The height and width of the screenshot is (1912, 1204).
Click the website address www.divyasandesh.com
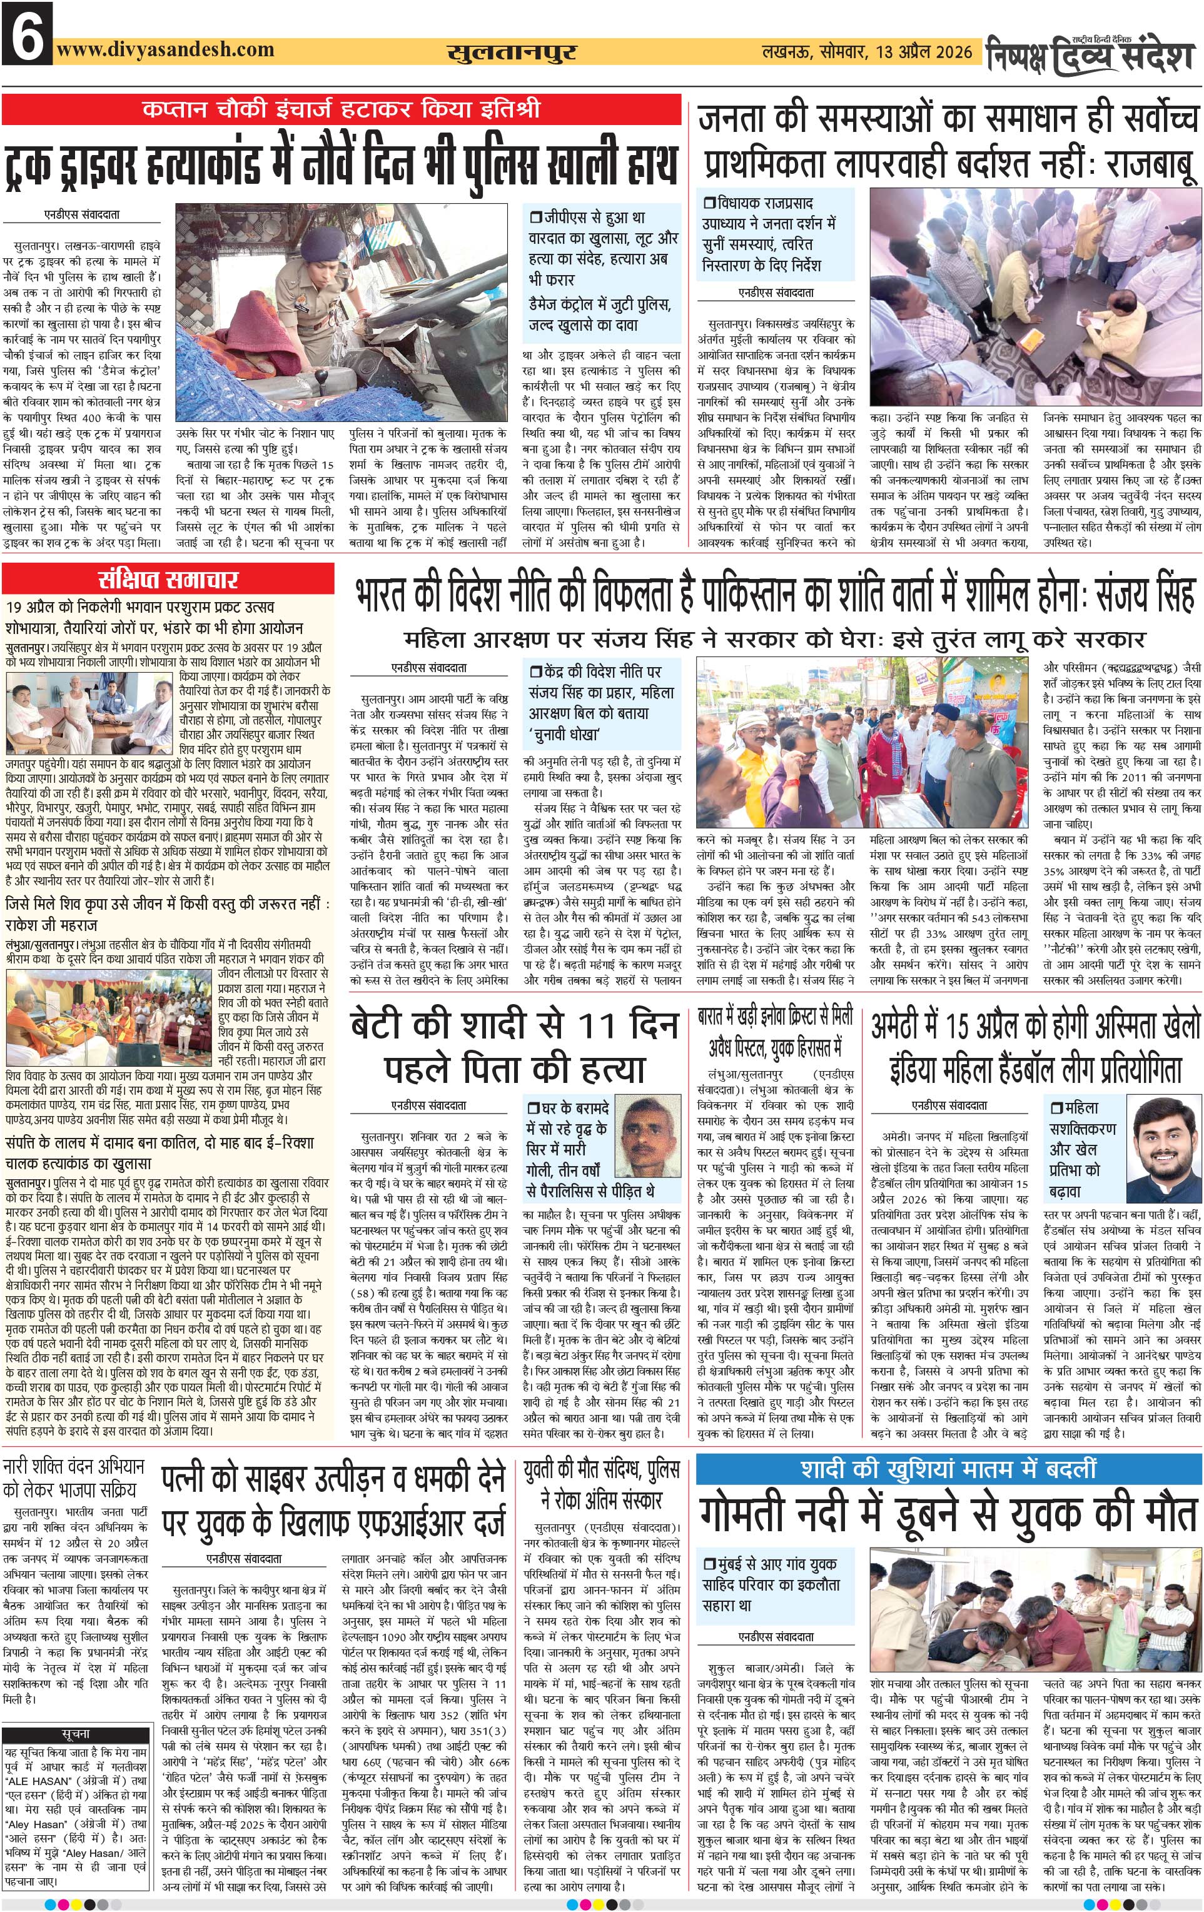[x=165, y=49]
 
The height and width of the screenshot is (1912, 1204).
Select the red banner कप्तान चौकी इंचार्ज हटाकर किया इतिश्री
[x=341, y=109]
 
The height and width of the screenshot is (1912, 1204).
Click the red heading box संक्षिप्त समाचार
[x=168, y=579]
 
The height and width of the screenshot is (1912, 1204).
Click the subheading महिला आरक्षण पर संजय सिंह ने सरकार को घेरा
[x=774, y=639]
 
